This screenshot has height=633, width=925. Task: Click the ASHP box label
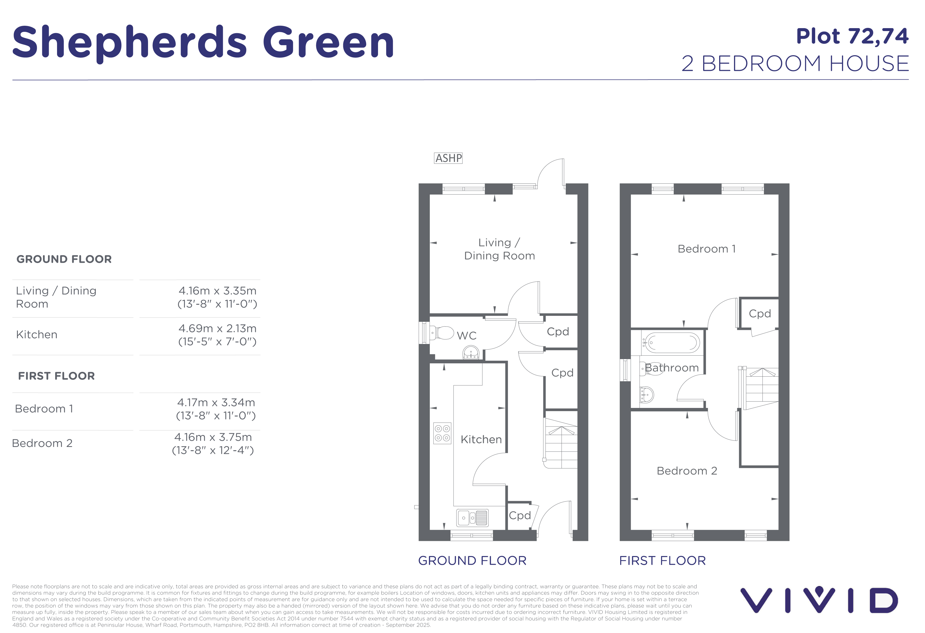pos(448,158)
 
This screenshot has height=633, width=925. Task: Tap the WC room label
pos(467,335)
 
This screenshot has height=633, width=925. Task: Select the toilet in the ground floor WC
pos(441,332)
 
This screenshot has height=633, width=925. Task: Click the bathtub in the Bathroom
pos(672,342)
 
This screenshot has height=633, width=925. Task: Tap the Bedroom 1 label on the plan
pos(706,249)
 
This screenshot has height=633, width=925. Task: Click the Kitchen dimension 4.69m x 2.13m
pos(217,329)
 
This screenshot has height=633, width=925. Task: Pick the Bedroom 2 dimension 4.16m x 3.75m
pos(213,437)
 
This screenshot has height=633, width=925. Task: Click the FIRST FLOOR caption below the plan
pos(662,561)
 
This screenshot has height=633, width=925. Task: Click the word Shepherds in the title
pos(130,42)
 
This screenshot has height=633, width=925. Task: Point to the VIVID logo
pos(819,600)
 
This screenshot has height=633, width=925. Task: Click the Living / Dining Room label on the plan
pos(500,249)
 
